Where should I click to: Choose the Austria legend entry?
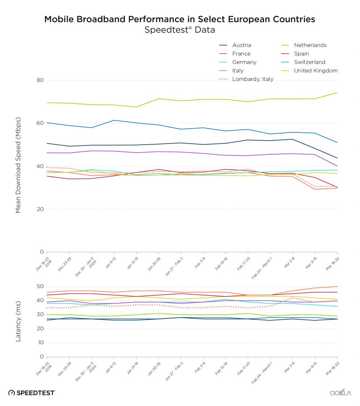click(x=242, y=45)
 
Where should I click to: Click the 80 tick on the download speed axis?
click(x=40, y=80)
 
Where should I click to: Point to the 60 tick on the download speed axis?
click(x=40, y=123)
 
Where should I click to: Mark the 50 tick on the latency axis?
click(x=40, y=287)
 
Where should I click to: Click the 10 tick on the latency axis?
click(x=40, y=343)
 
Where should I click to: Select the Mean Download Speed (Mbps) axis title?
click(x=18, y=166)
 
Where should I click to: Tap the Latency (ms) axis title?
click(x=18, y=322)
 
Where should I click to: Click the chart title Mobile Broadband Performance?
click(x=180, y=19)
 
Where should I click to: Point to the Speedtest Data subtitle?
click(x=180, y=30)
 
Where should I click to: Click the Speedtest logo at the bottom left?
click(x=32, y=393)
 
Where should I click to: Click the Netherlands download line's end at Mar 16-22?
click(x=337, y=93)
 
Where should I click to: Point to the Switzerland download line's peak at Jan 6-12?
click(x=114, y=120)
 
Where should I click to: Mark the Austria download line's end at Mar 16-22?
click(x=337, y=158)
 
